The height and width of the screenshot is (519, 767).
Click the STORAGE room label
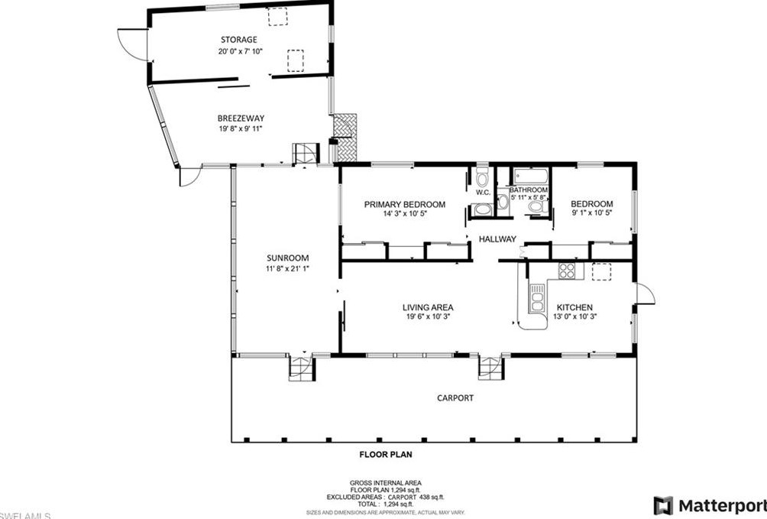point(238,39)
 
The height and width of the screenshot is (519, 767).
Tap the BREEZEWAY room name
point(241,118)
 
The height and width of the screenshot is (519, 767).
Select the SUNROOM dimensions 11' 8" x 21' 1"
point(287,268)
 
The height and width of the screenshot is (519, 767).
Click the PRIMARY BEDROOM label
point(404,204)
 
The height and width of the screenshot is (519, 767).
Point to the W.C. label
point(483,192)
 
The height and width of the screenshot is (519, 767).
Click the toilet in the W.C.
point(482,179)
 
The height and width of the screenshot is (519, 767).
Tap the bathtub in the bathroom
point(529,175)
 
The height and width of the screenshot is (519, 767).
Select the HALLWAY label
point(497,239)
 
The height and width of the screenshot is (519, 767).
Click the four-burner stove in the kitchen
point(567,270)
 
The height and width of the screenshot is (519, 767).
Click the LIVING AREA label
point(428,307)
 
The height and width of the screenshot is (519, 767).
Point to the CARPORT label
point(455,397)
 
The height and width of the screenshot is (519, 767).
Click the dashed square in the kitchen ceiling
point(602,271)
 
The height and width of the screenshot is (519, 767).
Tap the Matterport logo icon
point(663,505)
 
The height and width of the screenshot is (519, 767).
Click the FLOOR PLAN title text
point(386,454)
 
